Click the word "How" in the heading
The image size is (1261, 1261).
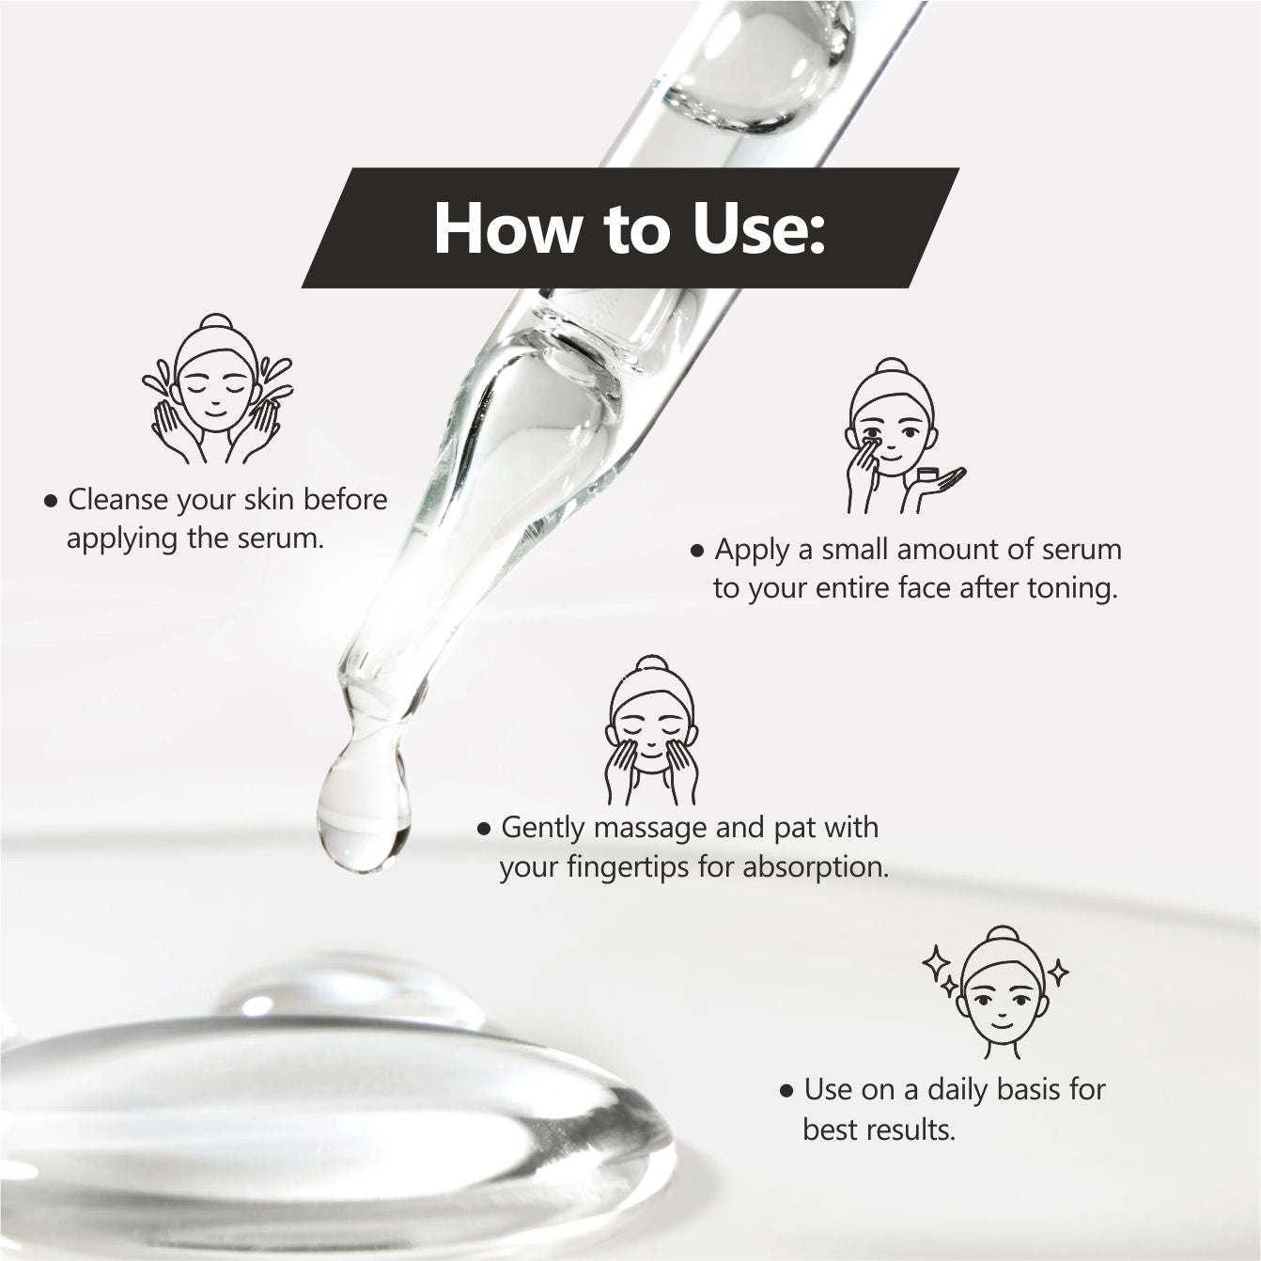point(507,229)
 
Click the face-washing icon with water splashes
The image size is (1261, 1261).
point(217,389)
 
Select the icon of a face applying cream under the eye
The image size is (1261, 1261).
point(904,436)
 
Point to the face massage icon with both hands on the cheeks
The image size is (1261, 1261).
point(652,730)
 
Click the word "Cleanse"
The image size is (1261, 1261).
point(118,500)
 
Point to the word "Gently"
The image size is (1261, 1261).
point(543,829)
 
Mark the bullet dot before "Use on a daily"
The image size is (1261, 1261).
point(786,1092)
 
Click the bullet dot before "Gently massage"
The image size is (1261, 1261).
point(484,830)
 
